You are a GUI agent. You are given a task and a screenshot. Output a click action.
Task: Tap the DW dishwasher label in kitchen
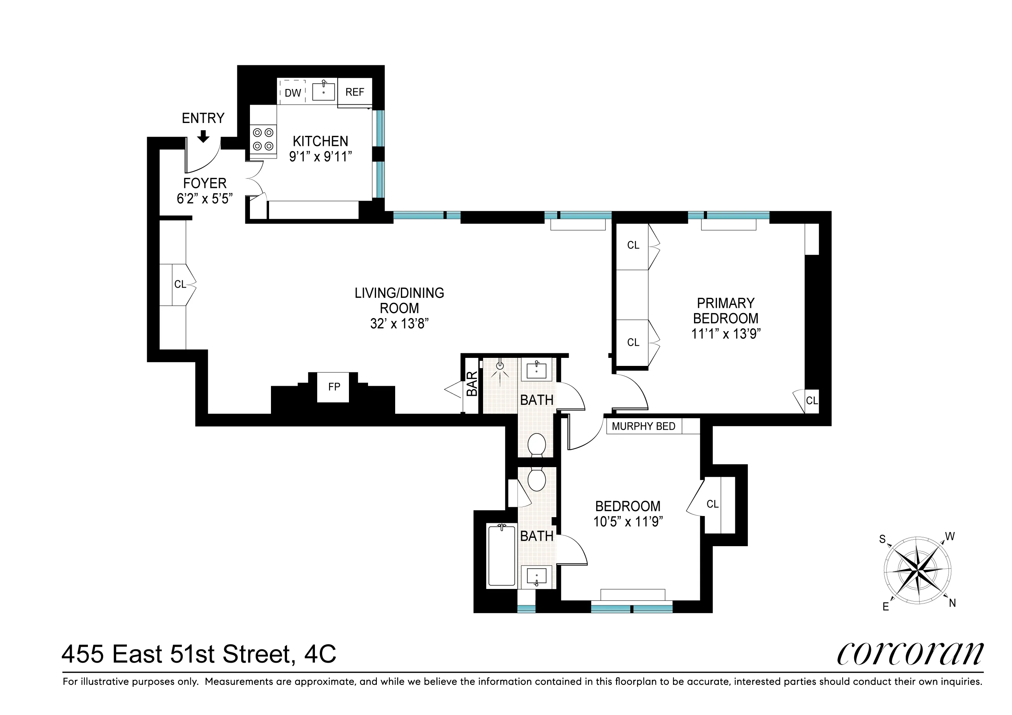click(293, 93)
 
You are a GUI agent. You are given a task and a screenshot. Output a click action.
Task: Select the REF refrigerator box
click(355, 92)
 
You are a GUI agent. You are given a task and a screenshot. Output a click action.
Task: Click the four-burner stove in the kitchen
click(263, 139)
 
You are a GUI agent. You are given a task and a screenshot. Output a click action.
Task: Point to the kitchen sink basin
click(324, 92)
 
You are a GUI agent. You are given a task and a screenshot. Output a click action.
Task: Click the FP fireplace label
click(334, 387)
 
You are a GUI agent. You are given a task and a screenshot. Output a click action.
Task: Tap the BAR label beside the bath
click(472, 384)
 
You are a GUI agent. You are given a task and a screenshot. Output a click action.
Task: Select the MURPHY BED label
click(644, 427)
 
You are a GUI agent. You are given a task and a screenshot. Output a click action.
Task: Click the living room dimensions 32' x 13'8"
click(399, 324)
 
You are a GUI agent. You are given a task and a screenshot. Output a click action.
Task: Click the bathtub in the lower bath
click(501, 556)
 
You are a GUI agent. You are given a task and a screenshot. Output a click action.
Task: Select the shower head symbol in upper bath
click(500, 366)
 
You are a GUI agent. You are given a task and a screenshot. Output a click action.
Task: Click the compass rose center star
click(917, 571)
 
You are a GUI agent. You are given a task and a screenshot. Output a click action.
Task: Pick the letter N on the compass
click(952, 603)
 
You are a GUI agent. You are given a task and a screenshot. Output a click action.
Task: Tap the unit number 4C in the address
click(320, 654)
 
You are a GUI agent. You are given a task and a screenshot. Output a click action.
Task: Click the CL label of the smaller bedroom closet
click(712, 505)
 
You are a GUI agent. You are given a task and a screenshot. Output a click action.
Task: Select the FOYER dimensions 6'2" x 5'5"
click(204, 199)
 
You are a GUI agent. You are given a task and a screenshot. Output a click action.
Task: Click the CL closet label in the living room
click(180, 285)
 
